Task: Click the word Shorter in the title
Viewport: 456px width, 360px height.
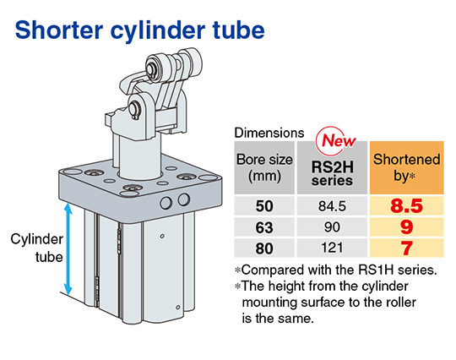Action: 59,30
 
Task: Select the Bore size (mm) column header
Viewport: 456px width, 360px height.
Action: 264,167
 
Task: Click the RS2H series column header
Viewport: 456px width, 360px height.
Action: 332,173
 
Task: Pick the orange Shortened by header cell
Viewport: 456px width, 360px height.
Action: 406,167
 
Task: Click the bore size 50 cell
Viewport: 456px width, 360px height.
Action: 264,206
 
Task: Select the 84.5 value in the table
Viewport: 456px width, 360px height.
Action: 332,206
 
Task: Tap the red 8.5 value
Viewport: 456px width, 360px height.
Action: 406,205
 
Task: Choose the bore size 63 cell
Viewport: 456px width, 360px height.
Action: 264,227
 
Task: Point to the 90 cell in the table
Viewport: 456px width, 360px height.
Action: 332,227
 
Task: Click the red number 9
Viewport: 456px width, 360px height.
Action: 406,227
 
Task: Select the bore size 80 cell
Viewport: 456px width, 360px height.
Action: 264,248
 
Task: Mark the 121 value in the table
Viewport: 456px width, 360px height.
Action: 332,248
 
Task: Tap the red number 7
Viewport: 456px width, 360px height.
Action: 407,248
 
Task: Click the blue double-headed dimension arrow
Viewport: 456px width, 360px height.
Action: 68,249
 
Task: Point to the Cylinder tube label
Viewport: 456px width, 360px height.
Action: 37,248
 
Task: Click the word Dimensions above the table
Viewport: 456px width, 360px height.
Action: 269,133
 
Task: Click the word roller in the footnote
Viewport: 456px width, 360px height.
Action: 401,302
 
